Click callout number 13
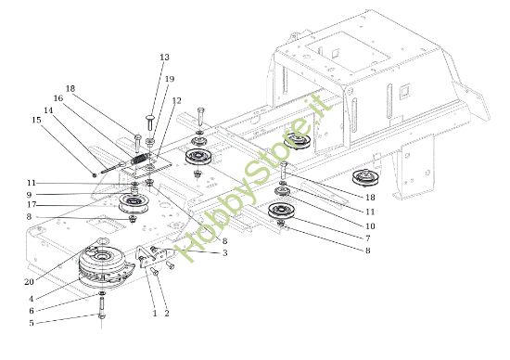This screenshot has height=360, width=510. point(164,58)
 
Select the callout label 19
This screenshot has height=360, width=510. point(169,80)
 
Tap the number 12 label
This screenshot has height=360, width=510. point(176,100)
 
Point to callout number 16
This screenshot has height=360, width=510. point(57,98)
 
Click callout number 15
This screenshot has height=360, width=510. point(36,120)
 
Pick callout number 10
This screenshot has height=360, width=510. point(370,225)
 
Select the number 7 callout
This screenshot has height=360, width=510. point(367,238)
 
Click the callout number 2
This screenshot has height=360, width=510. point(167,314)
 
